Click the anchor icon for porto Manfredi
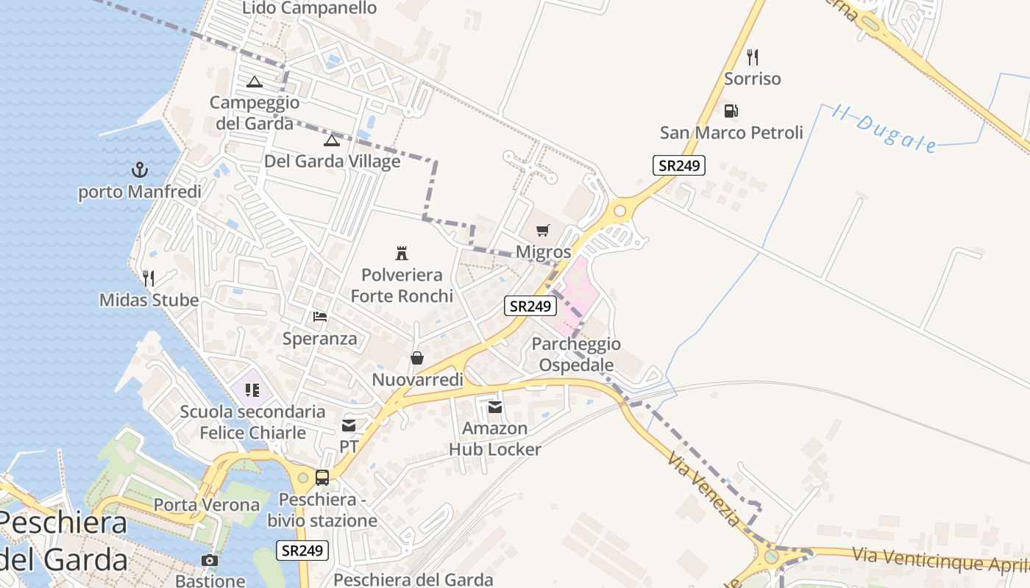139,171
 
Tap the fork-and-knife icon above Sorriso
752,57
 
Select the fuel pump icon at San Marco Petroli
731,111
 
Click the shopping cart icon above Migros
543,231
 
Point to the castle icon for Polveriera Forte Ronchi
402,254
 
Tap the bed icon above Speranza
320,317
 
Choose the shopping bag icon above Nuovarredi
417,358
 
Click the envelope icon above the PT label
349,425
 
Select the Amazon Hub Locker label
495,439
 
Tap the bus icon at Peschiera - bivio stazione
322,478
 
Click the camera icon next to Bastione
210,560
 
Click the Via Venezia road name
703,490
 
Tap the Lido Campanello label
309,8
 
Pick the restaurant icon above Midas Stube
149,278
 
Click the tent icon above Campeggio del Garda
255,82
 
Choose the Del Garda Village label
333,161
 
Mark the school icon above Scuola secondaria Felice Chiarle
252,390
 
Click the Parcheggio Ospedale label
576,354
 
